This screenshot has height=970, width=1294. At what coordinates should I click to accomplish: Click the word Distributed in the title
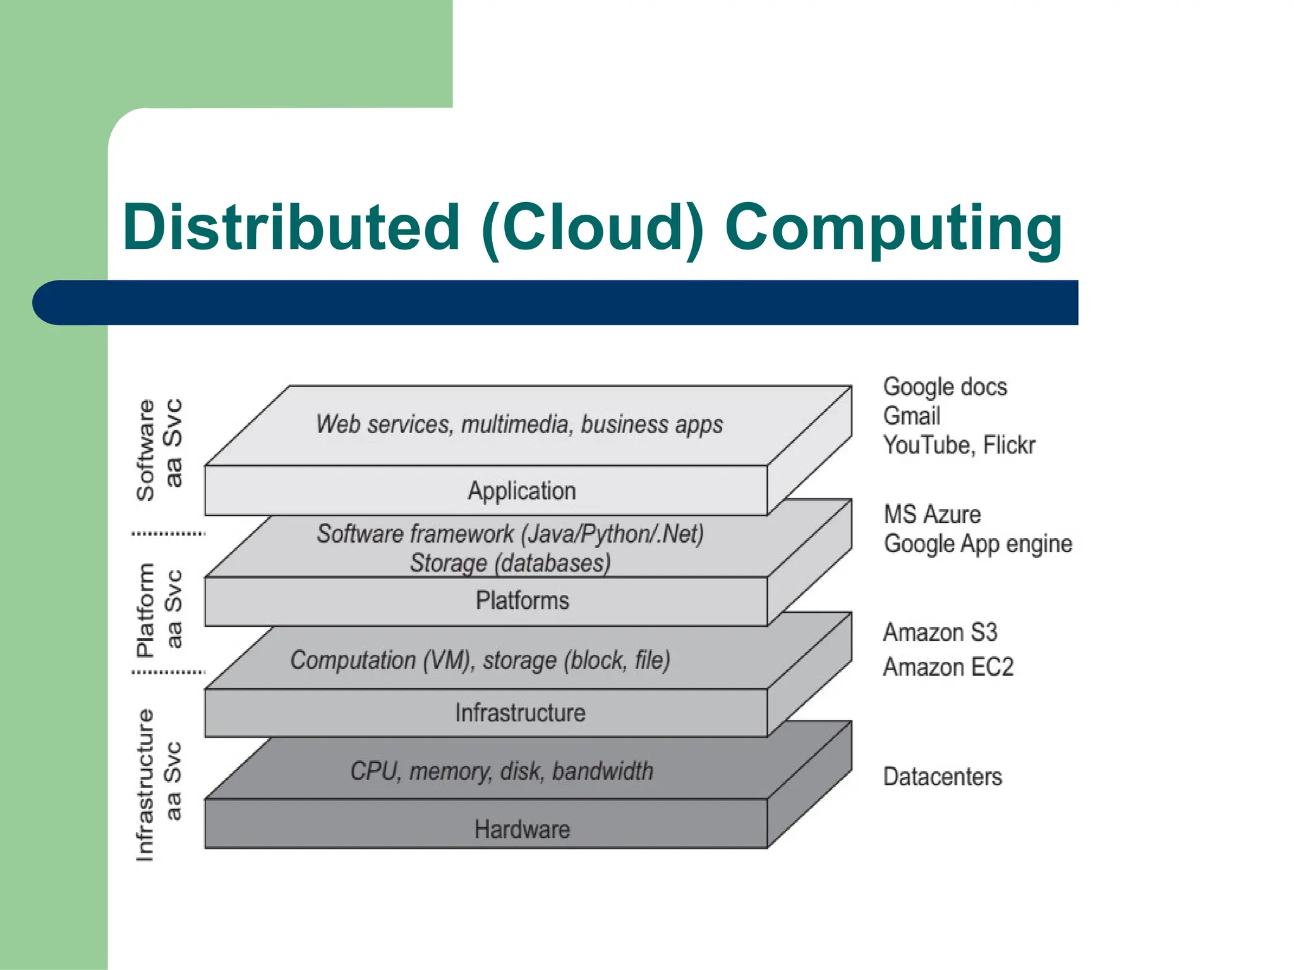pos(291,227)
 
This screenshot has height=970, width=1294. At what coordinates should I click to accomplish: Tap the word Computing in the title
pos(893,229)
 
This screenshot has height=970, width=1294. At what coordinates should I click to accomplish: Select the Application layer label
pos(521,491)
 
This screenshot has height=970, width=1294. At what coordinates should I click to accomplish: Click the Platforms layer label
pos(522,601)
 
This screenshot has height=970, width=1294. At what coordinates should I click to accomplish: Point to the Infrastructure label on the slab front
pos(520,713)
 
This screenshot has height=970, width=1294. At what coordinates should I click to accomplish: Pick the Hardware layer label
pos(522,829)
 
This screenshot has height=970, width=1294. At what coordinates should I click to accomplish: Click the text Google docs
pos(945,386)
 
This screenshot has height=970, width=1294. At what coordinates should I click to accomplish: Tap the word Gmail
pos(911,416)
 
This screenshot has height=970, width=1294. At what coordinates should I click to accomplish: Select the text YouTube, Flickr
pos(958,445)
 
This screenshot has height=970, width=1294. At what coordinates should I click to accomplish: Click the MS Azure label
pos(932,515)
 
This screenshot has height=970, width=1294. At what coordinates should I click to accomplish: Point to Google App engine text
pos(977,544)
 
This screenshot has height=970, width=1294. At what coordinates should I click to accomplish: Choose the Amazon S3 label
pos(940,632)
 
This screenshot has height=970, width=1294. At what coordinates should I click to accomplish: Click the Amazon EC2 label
pos(948,667)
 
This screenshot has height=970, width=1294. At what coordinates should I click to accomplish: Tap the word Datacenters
pos(942,777)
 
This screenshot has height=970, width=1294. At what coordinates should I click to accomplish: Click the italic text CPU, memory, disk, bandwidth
pos(502,771)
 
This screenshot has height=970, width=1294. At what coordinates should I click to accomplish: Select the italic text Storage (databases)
pos(510,563)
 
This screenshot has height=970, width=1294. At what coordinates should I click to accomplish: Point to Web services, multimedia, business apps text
pos(519,424)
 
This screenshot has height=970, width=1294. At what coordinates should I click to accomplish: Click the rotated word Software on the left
pos(145,450)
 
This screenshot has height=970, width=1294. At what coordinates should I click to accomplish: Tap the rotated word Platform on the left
pos(145,610)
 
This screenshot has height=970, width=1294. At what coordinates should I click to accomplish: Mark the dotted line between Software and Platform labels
pos(168,534)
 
